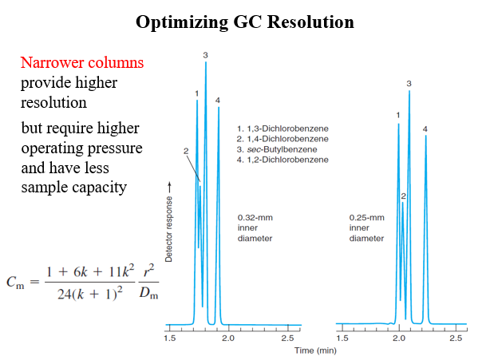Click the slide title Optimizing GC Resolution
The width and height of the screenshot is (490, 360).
click(x=244, y=22)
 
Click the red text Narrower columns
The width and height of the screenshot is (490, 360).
click(x=82, y=63)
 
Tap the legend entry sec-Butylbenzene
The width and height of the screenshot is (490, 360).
click(x=281, y=150)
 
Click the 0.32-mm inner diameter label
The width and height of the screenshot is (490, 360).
click(x=255, y=227)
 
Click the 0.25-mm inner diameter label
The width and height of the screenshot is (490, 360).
click(x=367, y=227)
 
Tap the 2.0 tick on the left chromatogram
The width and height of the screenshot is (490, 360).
click(x=228, y=338)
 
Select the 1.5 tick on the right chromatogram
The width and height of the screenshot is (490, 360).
click(x=342, y=338)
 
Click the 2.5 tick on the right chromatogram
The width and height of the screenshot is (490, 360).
click(x=456, y=338)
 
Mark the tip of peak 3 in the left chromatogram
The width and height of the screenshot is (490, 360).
click(x=206, y=63)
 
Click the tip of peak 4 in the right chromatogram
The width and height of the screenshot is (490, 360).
click(x=425, y=136)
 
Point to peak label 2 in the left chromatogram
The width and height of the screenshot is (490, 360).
click(x=185, y=150)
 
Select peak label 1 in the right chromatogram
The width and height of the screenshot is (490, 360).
click(x=398, y=116)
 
